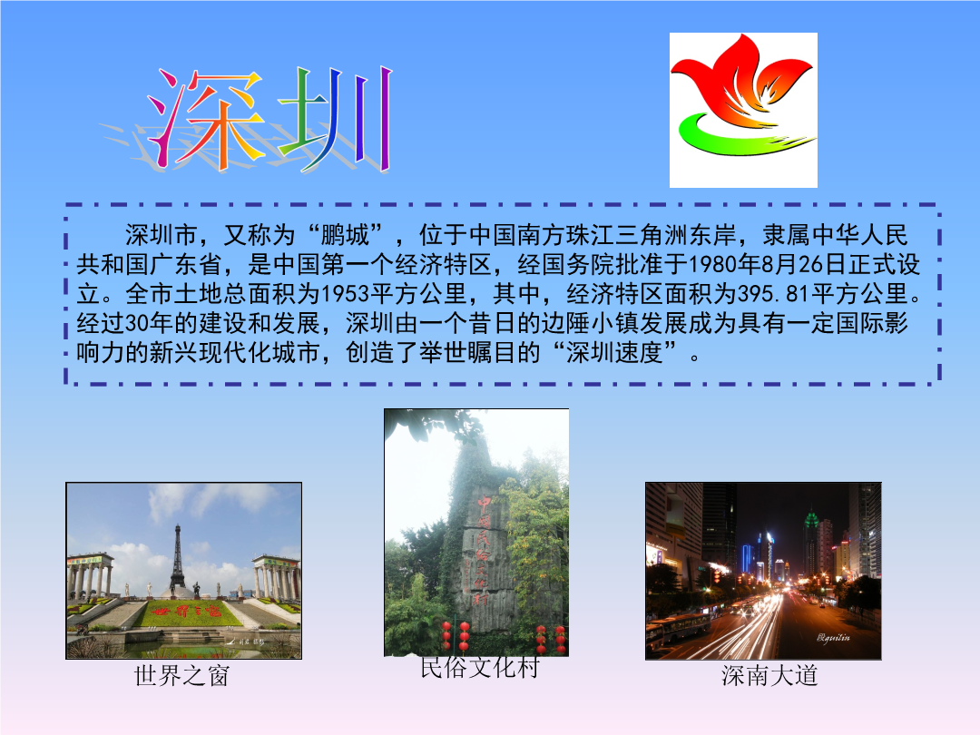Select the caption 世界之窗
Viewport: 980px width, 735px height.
(x=181, y=676)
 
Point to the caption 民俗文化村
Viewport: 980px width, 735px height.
(x=479, y=668)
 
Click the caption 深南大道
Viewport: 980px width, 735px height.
(x=769, y=676)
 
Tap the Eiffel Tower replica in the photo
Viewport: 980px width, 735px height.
(x=178, y=560)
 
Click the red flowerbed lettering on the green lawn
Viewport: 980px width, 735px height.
(x=187, y=610)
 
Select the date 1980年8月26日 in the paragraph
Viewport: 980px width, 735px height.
(x=769, y=264)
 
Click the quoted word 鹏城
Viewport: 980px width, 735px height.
(x=345, y=235)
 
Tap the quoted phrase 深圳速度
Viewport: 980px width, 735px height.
(x=614, y=352)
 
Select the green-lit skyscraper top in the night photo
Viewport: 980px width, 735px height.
(x=812, y=520)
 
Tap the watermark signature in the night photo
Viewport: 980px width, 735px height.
(x=833, y=638)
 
